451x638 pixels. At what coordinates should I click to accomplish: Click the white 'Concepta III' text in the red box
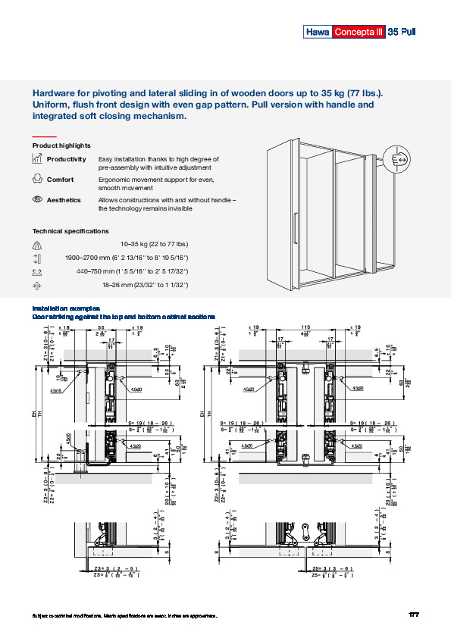(x=359, y=32)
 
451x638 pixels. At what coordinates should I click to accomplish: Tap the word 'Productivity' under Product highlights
(x=66, y=159)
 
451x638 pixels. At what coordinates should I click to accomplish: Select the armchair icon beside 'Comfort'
(x=37, y=180)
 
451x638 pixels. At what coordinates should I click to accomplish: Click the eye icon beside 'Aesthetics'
(x=37, y=199)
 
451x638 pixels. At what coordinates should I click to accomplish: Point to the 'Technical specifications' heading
(x=70, y=231)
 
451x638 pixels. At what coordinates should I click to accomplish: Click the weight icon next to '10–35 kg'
(x=37, y=245)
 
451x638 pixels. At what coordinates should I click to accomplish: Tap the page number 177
(x=414, y=614)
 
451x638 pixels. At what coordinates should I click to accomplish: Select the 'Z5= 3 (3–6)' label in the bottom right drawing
(x=330, y=568)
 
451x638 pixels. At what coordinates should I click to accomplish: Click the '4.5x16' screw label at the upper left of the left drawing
(x=56, y=391)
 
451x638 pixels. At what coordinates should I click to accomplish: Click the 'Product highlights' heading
(x=61, y=145)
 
